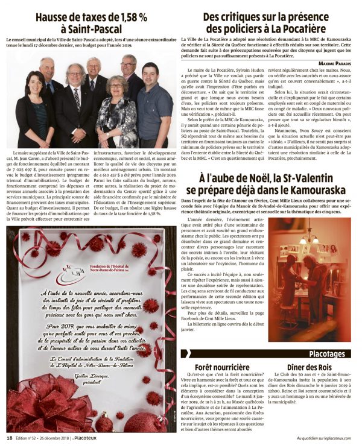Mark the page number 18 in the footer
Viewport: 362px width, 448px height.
click(x=9, y=438)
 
